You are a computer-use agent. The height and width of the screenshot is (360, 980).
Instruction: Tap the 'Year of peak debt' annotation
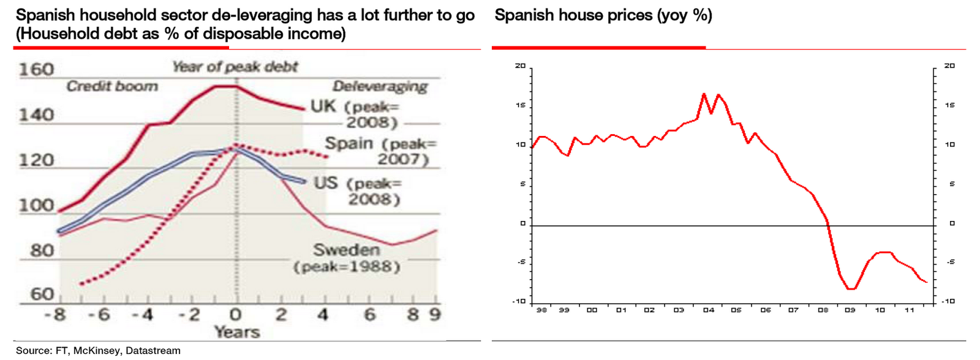coord(235,67)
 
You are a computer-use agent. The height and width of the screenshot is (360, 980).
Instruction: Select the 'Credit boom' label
coord(112,86)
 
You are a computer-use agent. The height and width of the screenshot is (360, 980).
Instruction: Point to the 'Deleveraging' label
coord(380,87)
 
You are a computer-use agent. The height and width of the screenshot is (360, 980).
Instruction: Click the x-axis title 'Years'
coord(237,332)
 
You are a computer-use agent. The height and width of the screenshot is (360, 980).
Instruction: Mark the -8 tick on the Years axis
coord(55,315)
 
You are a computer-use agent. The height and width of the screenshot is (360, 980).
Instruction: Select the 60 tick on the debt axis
coord(42,294)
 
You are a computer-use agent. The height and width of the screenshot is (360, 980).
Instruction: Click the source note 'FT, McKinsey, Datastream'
coord(98,351)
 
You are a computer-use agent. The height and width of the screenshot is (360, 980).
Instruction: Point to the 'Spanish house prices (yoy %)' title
coord(603,15)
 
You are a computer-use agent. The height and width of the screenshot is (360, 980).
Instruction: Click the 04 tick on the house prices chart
coord(709,310)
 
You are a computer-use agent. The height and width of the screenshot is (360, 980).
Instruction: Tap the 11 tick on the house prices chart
coord(910,310)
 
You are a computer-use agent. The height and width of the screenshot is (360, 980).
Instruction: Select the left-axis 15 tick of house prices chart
coord(521,105)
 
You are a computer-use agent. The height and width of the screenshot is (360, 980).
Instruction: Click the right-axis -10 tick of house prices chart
coord(948,301)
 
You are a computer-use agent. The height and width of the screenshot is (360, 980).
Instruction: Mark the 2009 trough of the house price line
coord(851,288)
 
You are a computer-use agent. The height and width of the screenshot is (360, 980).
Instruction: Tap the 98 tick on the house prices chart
coord(541,310)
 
